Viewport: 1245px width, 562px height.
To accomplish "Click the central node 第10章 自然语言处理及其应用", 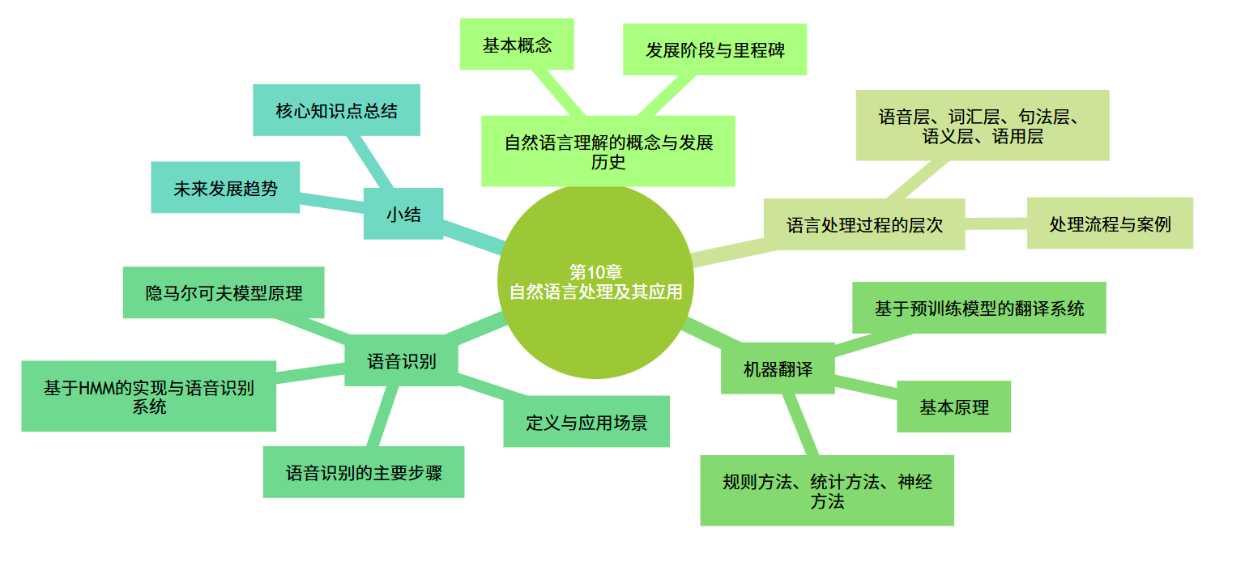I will pyautogui.click(x=595, y=281).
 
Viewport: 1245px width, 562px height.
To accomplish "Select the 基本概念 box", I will pyautogui.click(x=517, y=45).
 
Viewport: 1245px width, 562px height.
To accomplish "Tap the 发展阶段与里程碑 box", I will pyautogui.click(x=714, y=49).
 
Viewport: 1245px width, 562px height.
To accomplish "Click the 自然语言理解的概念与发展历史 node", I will pyautogui.click(x=608, y=151).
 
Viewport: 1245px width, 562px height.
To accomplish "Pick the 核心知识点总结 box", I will pyautogui.click(x=336, y=110).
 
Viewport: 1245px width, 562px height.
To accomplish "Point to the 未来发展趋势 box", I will pyautogui.click(x=225, y=188).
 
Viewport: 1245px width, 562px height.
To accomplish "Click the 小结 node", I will pyautogui.click(x=403, y=214).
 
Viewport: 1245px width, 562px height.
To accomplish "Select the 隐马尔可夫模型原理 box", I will pyautogui.click(x=224, y=292).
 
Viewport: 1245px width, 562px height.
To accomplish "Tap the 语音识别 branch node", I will pyautogui.click(x=402, y=360).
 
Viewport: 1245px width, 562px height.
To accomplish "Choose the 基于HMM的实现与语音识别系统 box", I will pyautogui.click(x=148, y=396).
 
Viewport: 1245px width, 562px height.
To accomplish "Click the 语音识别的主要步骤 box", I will pyautogui.click(x=364, y=472).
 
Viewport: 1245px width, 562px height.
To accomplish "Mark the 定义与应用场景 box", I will pyautogui.click(x=586, y=421).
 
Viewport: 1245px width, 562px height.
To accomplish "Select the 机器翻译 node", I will pyautogui.click(x=778, y=368).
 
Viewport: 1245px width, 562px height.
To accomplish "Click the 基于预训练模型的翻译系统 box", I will pyautogui.click(x=979, y=308).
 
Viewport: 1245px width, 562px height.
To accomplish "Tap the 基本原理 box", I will pyautogui.click(x=953, y=407).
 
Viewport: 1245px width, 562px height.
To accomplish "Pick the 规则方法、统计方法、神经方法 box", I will pyautogui.click(x=827, y=491).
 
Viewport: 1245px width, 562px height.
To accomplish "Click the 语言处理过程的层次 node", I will pyautogui.click(x=864, y=224).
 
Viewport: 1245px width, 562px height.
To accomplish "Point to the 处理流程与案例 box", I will pyautogui.click(x=1110, y=224).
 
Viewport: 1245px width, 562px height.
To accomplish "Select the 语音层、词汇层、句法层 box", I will pyautogui.click(x=983, y=126).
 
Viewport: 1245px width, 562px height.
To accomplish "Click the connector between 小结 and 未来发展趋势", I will pyautogui.click(x=332, y=201).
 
